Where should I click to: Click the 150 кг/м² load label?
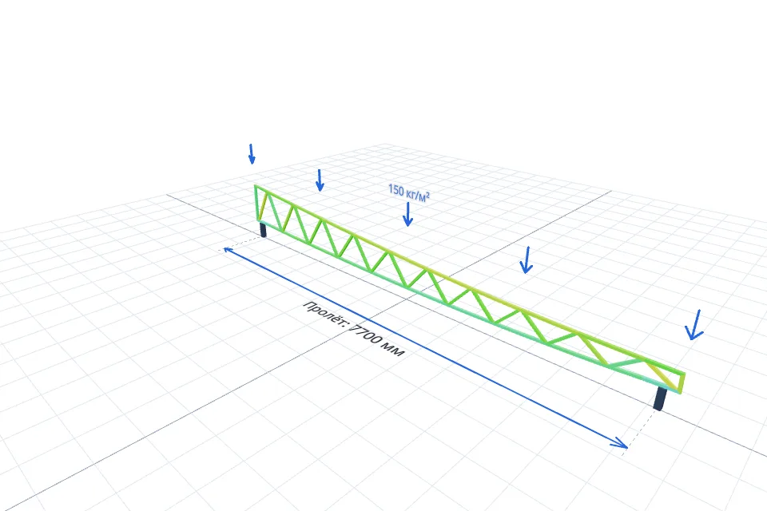coord(409,192)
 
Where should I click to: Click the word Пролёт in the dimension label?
coord(325,313)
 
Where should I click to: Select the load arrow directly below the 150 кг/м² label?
coord(407,214)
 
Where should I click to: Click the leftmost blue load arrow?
coord(252,154)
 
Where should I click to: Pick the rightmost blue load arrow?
coord(694,325)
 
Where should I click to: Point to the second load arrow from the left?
coord(320,180)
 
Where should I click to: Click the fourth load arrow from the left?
coord(527,260)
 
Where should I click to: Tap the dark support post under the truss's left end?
coord(263,229)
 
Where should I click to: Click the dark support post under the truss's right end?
coord(660,398)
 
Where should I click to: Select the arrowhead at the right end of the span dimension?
coord(620,442)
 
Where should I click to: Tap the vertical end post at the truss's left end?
coord(256,204)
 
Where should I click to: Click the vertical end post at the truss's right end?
coord(682,383)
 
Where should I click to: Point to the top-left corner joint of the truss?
coord(256,186)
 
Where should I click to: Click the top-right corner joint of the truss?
coord(683,374)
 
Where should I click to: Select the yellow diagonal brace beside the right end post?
coord(663,375)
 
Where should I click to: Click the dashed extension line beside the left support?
coord(240,244)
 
